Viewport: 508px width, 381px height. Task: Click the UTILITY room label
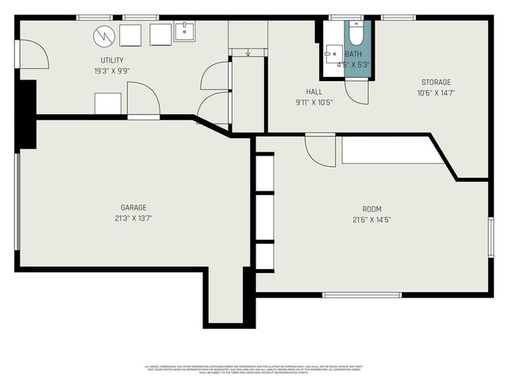pyautogui.click(x=112, y=60)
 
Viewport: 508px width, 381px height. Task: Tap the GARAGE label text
pyautogui.click(x=133, y=207)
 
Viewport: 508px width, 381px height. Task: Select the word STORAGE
pyautogui.click(x=436, y=82)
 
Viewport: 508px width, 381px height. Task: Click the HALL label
pyautogui.click(x=314, y=91)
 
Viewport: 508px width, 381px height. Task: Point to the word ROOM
pyautogui.click(x=372, y=210)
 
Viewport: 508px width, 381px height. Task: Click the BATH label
pyautogui.click(x=353, y=54)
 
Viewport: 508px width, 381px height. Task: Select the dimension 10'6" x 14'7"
pyautogui.click(x=436, y=92)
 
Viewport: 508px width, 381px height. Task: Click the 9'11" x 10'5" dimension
pyautogui.click(x=314, y=102)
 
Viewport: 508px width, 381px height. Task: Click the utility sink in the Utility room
pyautogui.click(x=184, y=32)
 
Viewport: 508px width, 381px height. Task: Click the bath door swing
pyautogui.click(x=358, y=90)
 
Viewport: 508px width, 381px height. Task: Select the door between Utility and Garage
pyautogui.click(x=144, y=102)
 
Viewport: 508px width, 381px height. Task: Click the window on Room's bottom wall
pyautogui.click(x=362, y=294)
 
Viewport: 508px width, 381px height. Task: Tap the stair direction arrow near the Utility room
pyautogui.click(x=248, y=54)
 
